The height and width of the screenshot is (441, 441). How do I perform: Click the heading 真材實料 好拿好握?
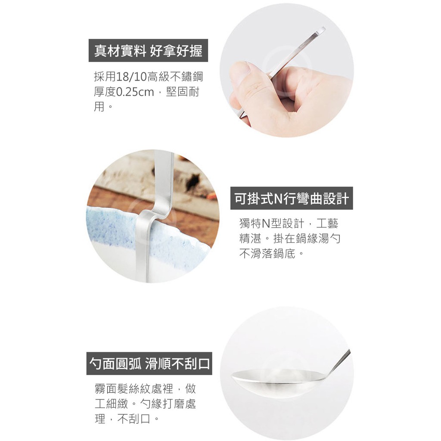(x=148, y=51)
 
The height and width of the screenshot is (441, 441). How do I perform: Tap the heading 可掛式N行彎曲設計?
(x=292, y=198)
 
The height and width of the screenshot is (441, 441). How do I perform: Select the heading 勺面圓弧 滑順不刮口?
(x=149, y=363)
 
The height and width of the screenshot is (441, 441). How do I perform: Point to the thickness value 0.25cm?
(x=134, y=92)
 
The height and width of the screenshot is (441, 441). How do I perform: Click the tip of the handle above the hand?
(x=324, y=28)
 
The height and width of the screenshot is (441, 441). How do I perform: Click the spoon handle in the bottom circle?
(x=339, y=361)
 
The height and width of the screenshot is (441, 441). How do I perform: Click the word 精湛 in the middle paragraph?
(x=250, y=239)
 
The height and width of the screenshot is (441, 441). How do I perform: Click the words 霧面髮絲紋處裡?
(x=134, y=389)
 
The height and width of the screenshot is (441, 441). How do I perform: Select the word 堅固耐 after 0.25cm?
(x=183, y=92)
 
